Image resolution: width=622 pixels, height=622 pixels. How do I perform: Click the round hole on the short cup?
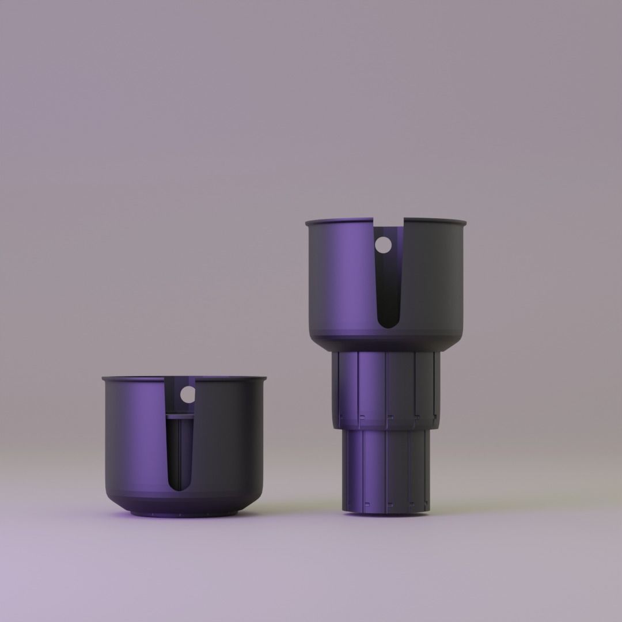tap(188, 395)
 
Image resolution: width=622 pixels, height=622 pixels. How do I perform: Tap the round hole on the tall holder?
tap(382, 245)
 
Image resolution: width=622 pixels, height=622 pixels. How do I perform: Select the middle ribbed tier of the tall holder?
tap(386, 389)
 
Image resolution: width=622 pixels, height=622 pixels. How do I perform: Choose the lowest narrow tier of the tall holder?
tap(386, 469)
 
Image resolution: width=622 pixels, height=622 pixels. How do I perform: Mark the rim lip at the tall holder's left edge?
tap(309, 222)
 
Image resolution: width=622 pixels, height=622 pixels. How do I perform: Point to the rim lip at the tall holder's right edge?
tap(463, 222)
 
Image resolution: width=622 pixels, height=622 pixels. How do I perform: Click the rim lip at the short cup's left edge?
tap(105, 379)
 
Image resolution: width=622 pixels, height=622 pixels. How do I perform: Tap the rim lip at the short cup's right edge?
tap(263, 379)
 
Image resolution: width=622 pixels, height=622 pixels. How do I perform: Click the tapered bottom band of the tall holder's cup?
tap(386, 342)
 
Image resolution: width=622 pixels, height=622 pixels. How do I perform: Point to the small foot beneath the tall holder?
tap(386, 512)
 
